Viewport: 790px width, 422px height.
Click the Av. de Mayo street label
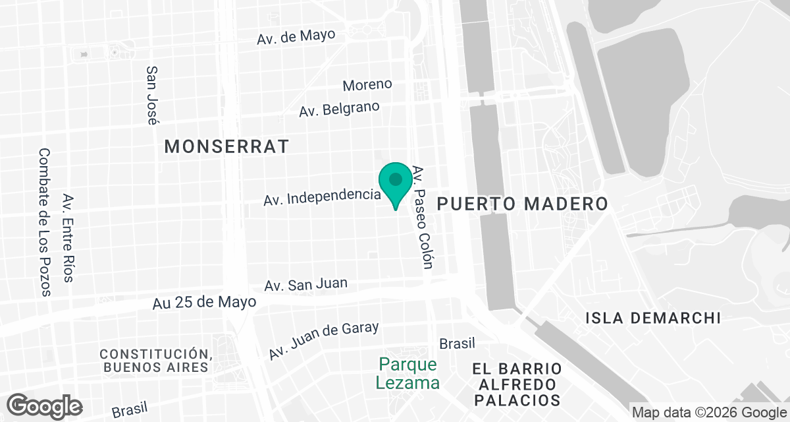point(296,36)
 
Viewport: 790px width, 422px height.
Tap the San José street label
point(152,95)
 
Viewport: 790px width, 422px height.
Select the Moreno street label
point(367,84)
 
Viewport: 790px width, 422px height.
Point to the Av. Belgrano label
point(339,109)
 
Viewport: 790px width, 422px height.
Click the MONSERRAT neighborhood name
point(226,146)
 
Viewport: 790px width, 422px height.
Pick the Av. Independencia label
point(322,196)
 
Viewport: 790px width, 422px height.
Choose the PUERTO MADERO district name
point(522,204)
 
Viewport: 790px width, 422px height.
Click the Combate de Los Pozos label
point(45,222)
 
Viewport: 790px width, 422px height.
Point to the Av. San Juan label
point(305,285)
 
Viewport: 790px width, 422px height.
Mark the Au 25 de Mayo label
point(204,302)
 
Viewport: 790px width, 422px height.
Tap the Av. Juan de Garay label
point(323,340)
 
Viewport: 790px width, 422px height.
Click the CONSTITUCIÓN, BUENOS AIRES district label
point(155,360)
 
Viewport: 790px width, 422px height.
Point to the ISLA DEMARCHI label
point(653,318)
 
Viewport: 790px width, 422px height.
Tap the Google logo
point(45,405)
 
